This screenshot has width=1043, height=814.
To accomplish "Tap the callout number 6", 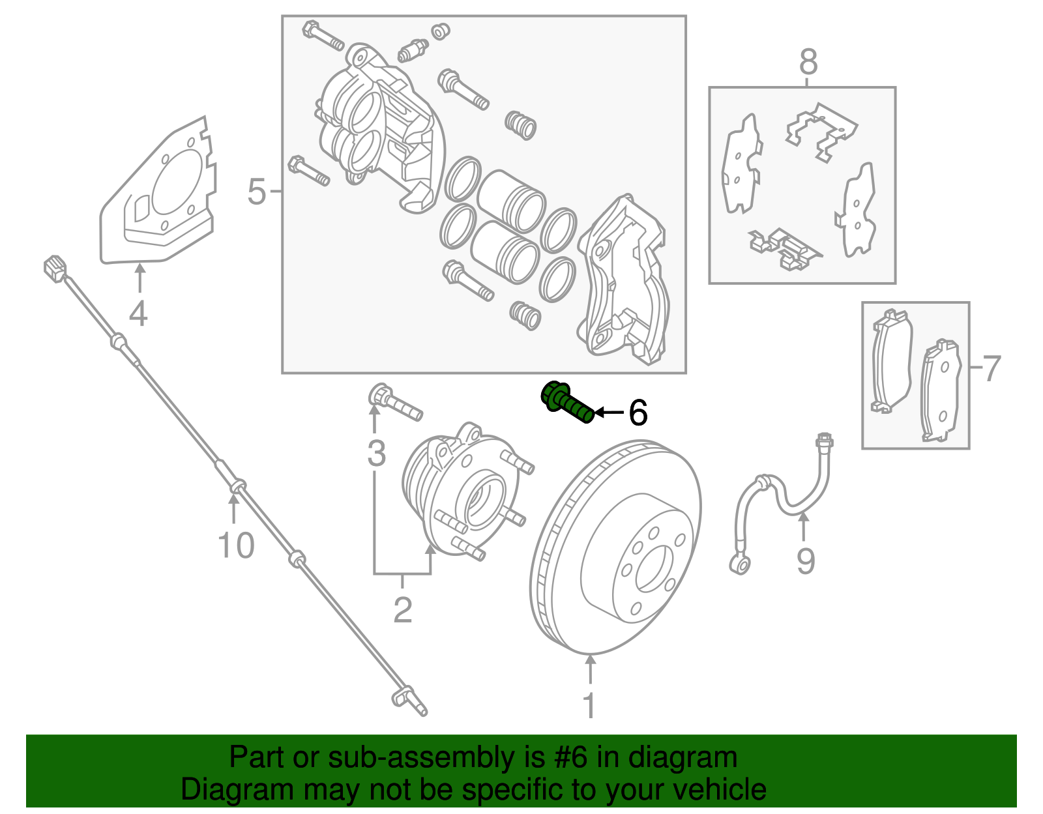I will (638, 413).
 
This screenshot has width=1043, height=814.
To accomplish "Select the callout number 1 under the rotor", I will (589, 705).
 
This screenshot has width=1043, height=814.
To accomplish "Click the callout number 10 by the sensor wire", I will (235, 545).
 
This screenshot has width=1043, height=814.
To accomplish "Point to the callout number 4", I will (138, 313).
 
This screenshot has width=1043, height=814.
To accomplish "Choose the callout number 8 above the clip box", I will (808, 63).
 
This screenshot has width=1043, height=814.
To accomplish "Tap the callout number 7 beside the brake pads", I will (991, 368).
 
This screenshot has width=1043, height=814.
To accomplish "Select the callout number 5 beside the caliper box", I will (257, 192).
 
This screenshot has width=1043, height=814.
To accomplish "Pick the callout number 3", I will (376, 454).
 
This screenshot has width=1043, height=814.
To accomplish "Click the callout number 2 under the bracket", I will (403, 610).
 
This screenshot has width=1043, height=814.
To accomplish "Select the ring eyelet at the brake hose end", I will (741, 563).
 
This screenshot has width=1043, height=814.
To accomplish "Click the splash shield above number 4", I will (160, 196).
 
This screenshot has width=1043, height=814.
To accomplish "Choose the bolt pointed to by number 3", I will (395, 403).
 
